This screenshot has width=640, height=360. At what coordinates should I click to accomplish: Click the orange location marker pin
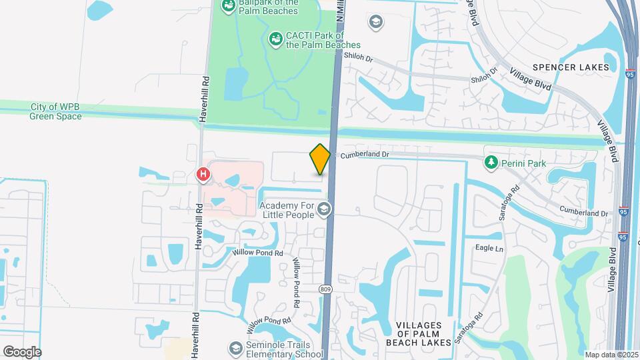point(320,159)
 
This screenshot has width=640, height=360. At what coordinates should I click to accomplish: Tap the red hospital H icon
point(203,175)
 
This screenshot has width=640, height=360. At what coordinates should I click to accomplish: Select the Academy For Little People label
point(286,210)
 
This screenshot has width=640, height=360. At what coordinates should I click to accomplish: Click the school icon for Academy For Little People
point(325,211)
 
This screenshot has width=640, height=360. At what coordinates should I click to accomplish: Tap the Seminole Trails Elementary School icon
point(235,348)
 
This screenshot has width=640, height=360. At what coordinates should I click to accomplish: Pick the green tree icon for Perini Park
point(491,161)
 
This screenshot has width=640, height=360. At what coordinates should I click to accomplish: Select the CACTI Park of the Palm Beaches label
point(314,40)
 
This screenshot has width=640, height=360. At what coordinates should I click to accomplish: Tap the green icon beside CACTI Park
point(275,39)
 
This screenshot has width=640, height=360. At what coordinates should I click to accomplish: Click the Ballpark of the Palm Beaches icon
point(228,6)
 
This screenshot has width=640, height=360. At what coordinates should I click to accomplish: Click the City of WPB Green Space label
point(55,111)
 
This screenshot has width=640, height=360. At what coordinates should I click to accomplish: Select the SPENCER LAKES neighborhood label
point(571,67)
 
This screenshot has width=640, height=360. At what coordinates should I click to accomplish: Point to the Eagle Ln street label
point(489,249)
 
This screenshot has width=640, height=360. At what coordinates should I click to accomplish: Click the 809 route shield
point(325,289)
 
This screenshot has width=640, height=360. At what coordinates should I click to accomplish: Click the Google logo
point(22,352)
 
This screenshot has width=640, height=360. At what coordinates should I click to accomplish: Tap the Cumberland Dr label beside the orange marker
point(365,155)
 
